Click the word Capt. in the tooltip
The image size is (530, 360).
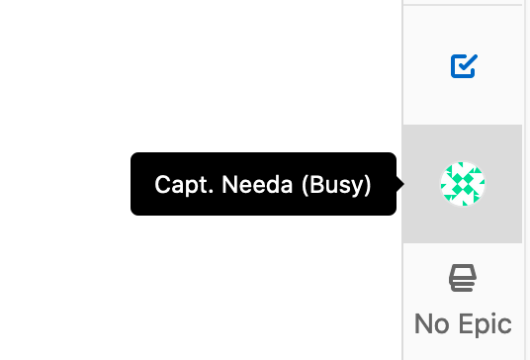tap(176, 185)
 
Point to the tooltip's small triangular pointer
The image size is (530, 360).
tap(399, 184)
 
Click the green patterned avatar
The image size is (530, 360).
tap(463, 184)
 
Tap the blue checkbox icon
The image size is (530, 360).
tap(463, 66)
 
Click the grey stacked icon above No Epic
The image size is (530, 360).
tap(463, 279)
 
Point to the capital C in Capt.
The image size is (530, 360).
tap(162, 184)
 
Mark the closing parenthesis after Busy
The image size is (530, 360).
tap(367, 185)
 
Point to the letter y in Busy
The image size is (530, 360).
tap(355, 187)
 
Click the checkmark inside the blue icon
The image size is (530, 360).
tap(465, 65)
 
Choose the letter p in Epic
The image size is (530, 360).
tap(482, 326)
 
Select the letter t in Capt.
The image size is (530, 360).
tap(193, 185)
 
